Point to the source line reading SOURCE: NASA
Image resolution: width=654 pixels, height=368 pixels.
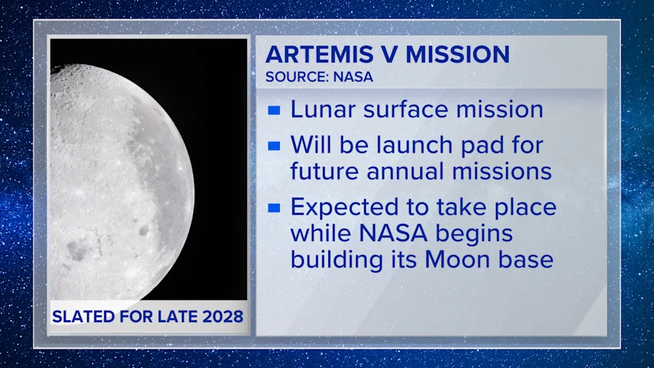pos(319,76)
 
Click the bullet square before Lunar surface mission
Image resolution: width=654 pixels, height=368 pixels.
pos(274,110)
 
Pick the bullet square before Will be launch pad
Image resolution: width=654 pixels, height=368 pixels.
pos(274,146)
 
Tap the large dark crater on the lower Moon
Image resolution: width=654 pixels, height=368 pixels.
pos(76,251)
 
